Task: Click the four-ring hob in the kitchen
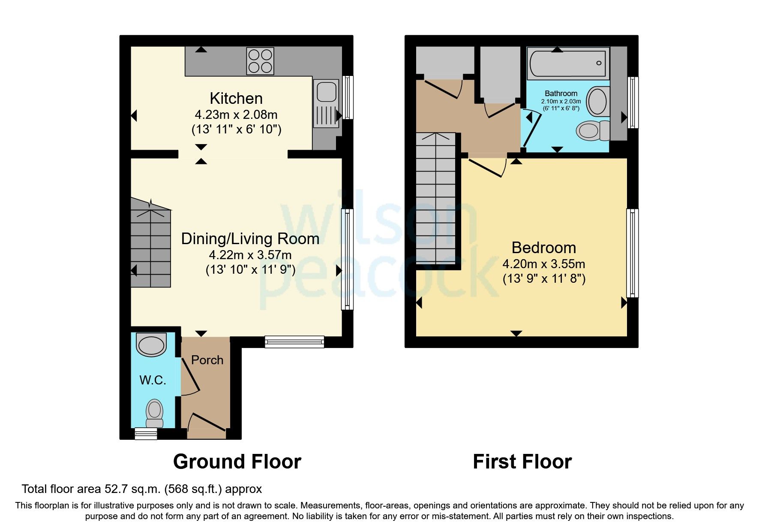tap(260, 61)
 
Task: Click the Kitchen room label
tap(236, 99)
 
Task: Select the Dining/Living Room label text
tap(250, 239)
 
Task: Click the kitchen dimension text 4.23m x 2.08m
tap(236, 115)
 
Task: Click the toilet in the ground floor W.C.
tap(154, 413)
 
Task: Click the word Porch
tap(207, 360)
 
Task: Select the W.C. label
tap(153, 380)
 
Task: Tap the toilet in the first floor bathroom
tap(593, 130)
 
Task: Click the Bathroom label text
tap(561, 94)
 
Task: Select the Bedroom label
tap(543, 248)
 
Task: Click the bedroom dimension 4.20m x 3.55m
tap(543, 264)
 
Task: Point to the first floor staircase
tap(435, 199)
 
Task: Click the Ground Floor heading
tap(237, 462)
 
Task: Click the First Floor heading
tap(522, 462)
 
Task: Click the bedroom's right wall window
tap(632, 253)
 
